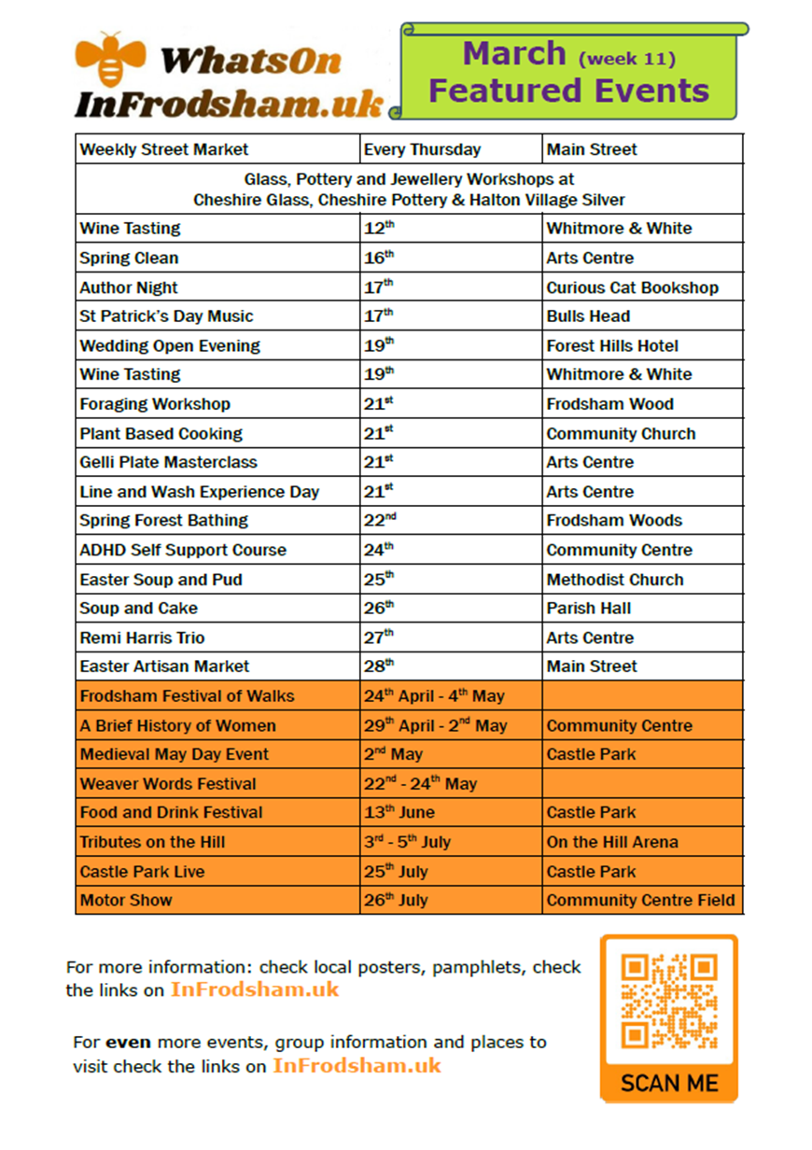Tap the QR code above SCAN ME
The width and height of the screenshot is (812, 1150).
[x=669, y=1001]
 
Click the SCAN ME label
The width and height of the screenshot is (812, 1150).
[x=669, y=1084]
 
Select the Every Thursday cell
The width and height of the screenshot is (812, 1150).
[x=423, y=149]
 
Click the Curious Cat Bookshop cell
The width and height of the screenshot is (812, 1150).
[x=632, y=287]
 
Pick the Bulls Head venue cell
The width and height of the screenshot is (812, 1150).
[x=588, y=316]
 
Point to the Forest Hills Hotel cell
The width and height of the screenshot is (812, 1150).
[x=612, y=345]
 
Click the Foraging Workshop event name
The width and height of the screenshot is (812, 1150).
[x=155, y=404]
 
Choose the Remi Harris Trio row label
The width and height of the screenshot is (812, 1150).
[x=142, y=638]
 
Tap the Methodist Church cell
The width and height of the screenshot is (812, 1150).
[x=614, y=580]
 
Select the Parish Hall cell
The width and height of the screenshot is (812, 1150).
[x=588, y=609]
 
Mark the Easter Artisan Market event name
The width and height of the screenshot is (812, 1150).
[x=164, y=666]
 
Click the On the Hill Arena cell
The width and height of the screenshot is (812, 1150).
[x=612, y=842]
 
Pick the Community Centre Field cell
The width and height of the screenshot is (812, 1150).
[x=640, y=901]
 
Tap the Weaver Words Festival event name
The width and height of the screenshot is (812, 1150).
[x=167, y=784]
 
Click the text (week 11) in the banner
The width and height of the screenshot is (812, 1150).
[x=626, y=59]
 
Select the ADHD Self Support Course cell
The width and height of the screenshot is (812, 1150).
[x=183, y=550]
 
